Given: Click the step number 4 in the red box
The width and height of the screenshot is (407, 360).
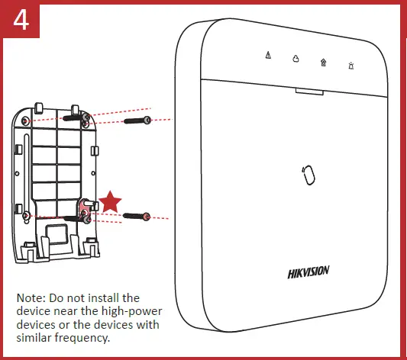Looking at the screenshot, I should click(21, 20).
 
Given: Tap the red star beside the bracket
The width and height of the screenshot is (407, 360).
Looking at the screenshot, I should click(111, 202).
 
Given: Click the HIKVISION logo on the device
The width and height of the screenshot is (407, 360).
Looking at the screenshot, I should click(308, 272).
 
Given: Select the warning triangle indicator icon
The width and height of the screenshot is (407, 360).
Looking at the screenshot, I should click(267, 56).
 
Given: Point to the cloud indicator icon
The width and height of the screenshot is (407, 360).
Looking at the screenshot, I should click(296, 59).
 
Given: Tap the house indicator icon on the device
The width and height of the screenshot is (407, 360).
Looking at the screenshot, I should click(324, 62).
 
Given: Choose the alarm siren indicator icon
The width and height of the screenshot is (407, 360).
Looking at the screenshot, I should click(351, 65).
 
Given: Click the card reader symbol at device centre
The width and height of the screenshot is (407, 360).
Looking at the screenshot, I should click(308, 174).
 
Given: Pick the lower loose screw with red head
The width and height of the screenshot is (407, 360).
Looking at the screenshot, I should click(136, 217).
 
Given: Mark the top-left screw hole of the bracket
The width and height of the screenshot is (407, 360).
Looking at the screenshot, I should click(27, 121).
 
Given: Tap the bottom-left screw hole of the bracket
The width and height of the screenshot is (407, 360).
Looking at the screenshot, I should click(28, 217).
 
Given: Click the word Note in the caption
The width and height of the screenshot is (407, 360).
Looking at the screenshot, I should click(31, 297).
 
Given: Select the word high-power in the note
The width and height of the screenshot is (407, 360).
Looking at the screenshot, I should click(116, 310).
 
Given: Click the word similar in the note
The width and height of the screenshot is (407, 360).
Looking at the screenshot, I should click(35, 337).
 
